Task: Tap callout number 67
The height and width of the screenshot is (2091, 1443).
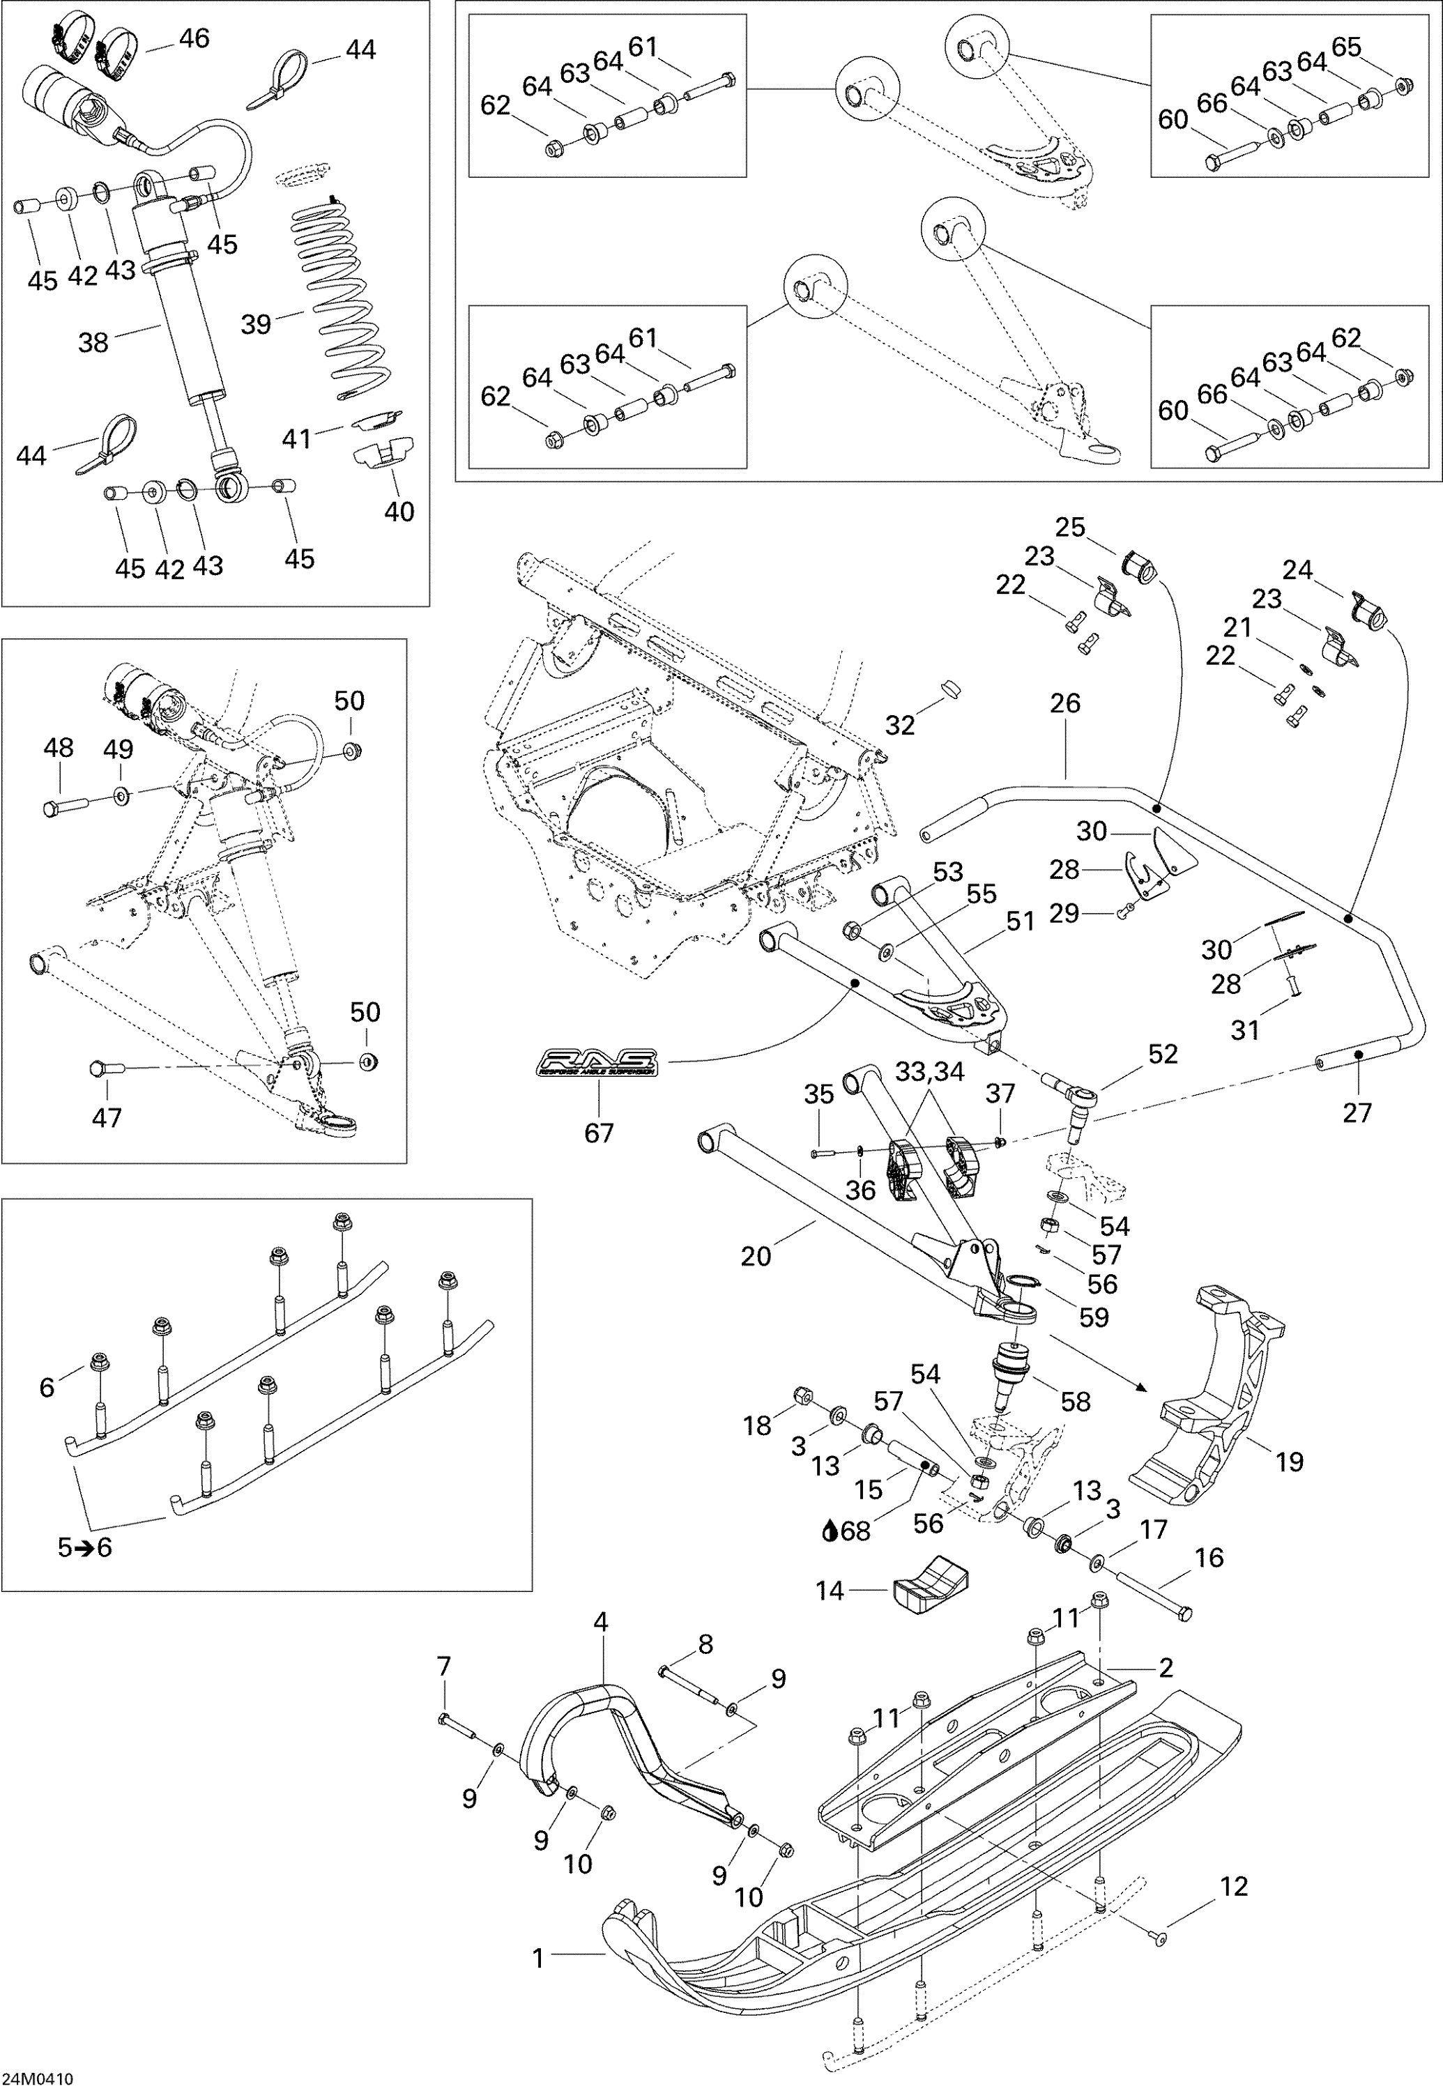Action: point(599,1132)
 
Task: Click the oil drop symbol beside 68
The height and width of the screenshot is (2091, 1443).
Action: point(829,1531)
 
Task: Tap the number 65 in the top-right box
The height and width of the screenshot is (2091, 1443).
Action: point(1346,47)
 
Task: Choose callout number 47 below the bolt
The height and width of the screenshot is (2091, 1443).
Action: point(107,1117)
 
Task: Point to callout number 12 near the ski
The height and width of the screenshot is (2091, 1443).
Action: point(1233,1887)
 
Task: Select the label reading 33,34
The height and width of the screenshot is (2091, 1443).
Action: point(929,1071)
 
